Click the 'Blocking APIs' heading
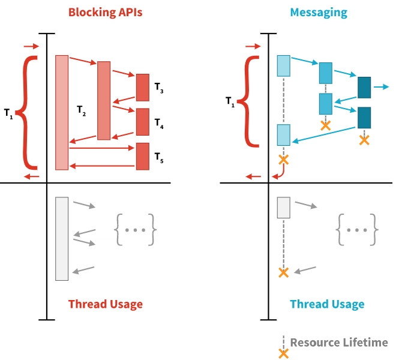tap(105, 12)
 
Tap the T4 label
tap(158, 124)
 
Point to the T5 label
tap(158, 158)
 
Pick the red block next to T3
tap(142, 87)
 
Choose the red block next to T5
tap(142, 156)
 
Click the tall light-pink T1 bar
tap(62, 112)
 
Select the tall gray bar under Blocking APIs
tap(62, 238)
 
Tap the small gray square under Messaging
tap(284, 207)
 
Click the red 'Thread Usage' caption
tap(106, 304)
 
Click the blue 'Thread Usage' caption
tap(327, 304)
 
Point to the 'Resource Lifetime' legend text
tap(339, 343)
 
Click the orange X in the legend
tap(284, 353)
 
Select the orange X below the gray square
tap(284, 272)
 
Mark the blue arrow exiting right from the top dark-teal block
tap(381, 87)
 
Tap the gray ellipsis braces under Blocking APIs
tap(135, 230)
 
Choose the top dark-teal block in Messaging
tap(364, 87)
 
